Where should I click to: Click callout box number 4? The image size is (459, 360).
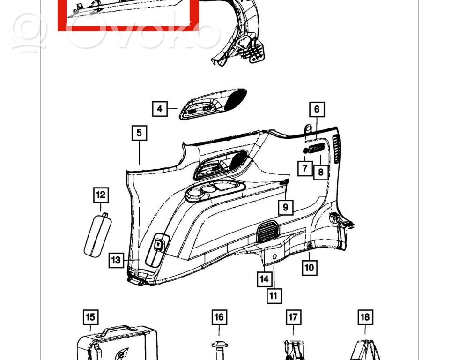(x=160, y=109)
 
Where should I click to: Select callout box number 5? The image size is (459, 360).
(x=139, y=133)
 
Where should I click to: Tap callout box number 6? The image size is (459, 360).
(x=317, y=109)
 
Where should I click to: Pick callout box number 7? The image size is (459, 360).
(x=305, y=168)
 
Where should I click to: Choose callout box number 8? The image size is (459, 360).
(x=321, y=172)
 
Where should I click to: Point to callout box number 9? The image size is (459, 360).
(x=285, y=207)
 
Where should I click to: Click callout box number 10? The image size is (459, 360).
(x=310, y=268)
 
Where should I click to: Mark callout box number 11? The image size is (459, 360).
(x=274, y=295)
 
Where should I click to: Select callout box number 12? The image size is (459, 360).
(x=101, y=195)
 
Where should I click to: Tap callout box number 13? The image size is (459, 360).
(x=116, y=260)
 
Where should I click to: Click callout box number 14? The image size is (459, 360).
(x=264, y=278)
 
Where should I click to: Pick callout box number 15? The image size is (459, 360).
(x=90, y=317)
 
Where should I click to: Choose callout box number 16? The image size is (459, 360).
(x=219, y=317)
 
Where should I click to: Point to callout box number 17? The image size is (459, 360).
(x=293, y=317)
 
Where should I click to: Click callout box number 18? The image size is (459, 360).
(x=365, y=317)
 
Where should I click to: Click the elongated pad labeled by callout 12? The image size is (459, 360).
(x=98, y=235)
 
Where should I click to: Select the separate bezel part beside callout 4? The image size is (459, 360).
(x=213, y=104)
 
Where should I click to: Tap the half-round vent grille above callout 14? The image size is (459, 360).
(x=268, y=232)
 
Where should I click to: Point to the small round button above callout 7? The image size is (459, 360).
(x=305, y=150)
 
